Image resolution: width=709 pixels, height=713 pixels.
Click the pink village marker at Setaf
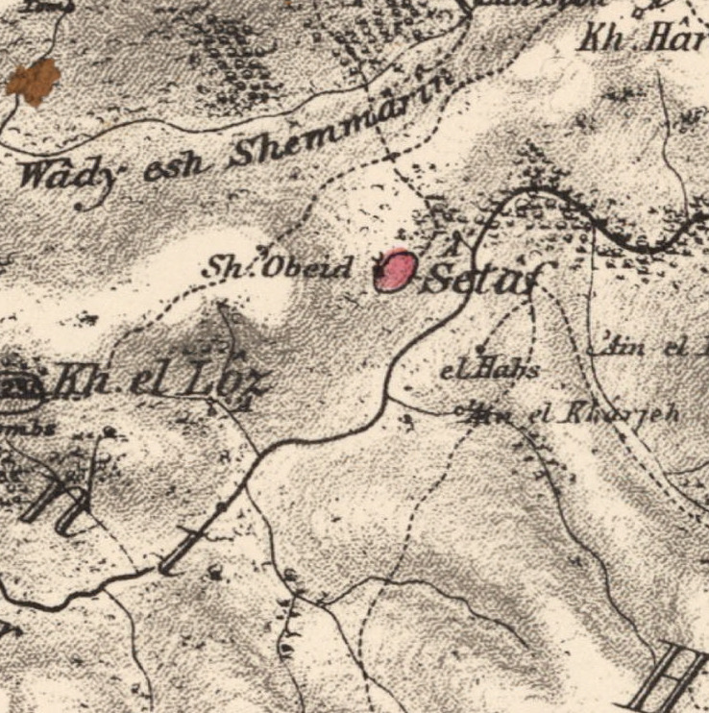(x=394, y=272)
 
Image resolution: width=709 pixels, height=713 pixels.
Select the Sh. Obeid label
(x=277, y=268)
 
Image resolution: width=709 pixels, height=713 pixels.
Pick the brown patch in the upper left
(x=34, y=81)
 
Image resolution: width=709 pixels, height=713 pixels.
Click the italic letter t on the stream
(x=183, y=550)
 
